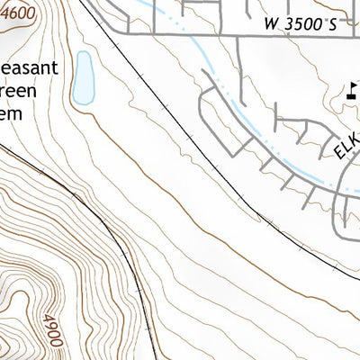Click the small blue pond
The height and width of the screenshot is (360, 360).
coord(84,77)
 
